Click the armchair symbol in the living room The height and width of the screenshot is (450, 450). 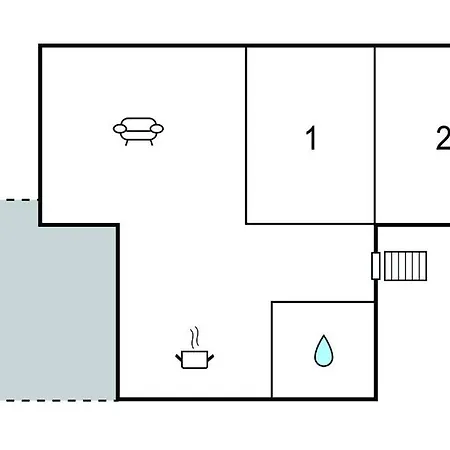tap(138, 131)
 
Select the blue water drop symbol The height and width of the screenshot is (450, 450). tap(323, 351)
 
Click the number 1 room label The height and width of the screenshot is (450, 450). tap(311, 138)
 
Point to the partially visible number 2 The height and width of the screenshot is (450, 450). tap(443, 138)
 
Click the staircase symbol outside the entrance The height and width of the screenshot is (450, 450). tap(405, 266)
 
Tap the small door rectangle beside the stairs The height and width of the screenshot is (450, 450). tap(376, 266)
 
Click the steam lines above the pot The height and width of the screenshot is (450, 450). tap(195, 337)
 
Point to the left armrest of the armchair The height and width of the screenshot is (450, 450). tap(120, 128)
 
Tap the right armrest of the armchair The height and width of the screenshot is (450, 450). tap(157, 128)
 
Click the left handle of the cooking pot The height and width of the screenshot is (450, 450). tap(179, 358)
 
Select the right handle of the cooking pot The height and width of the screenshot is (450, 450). tap(211, 358)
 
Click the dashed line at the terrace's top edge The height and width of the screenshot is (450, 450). tap(19, 200)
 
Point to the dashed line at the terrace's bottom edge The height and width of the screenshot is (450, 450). tap(58, 400)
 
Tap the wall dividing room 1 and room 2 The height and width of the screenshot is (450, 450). tap(375, 135)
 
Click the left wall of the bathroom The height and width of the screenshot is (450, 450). tap(272, 350)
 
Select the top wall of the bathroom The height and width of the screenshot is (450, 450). tap(323, 302)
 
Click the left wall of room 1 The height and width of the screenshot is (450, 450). tap(246, 135)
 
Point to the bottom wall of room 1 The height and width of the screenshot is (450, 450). tap(310, 224)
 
